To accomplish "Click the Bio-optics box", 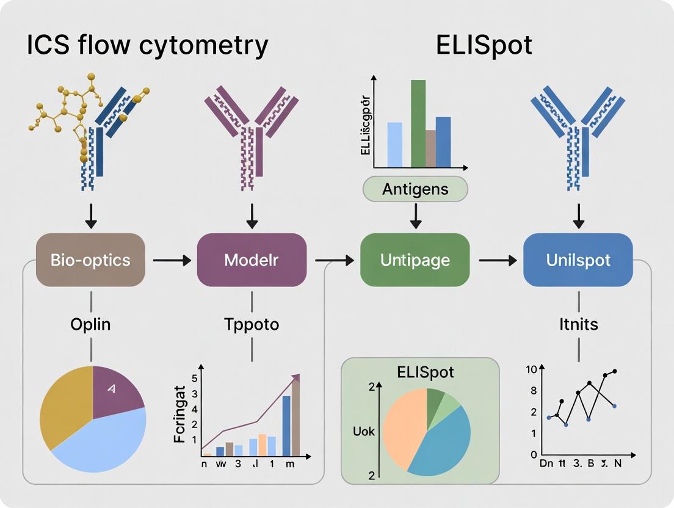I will click(x=90, y=260).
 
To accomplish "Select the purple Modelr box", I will click(x=252, y=260).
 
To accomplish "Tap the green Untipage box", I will click(x=415, y=260).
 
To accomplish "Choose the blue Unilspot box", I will click(x=578, y=260).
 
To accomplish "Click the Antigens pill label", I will click(x=415, y=189).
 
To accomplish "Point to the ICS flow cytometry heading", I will click(x=147, y=46).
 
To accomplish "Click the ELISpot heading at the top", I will click(x=484, y=46).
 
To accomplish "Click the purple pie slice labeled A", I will click(x=116, y=391).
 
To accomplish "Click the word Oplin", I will click(x=90, y=324).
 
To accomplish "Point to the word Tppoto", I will click(x=252, y=324).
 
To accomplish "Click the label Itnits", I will click(x=578, y=324).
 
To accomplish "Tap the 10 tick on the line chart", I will click(x=530, y=369).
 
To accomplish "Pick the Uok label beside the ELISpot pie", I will click(x=364, y=432).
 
